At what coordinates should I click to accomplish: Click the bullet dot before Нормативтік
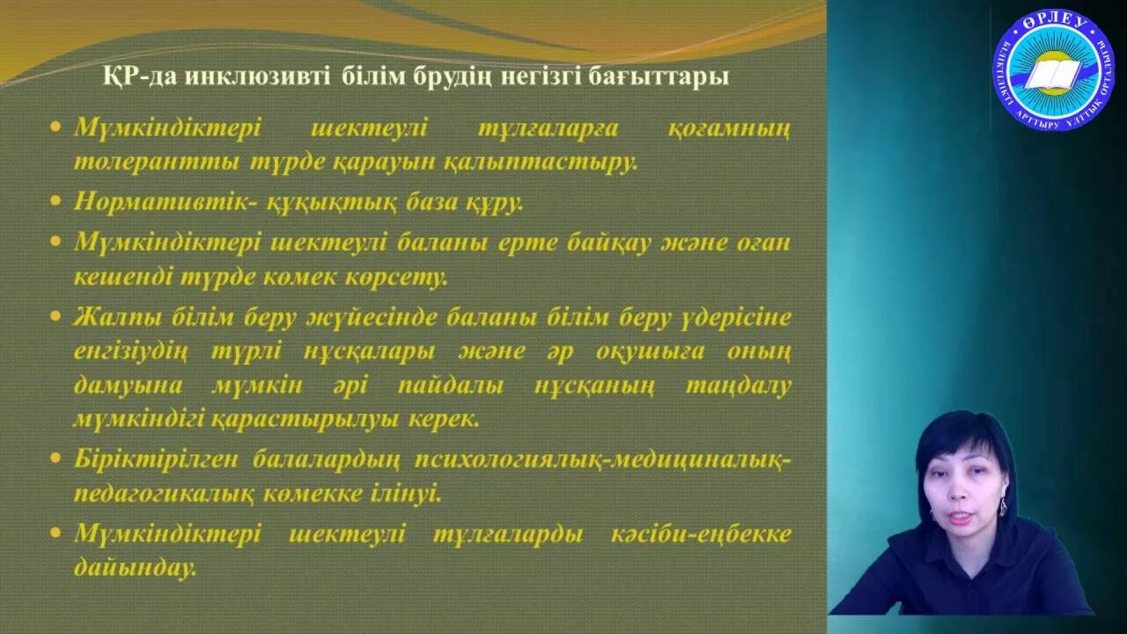(x=56, y=202)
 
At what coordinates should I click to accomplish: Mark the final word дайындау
(x=135, y=569)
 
